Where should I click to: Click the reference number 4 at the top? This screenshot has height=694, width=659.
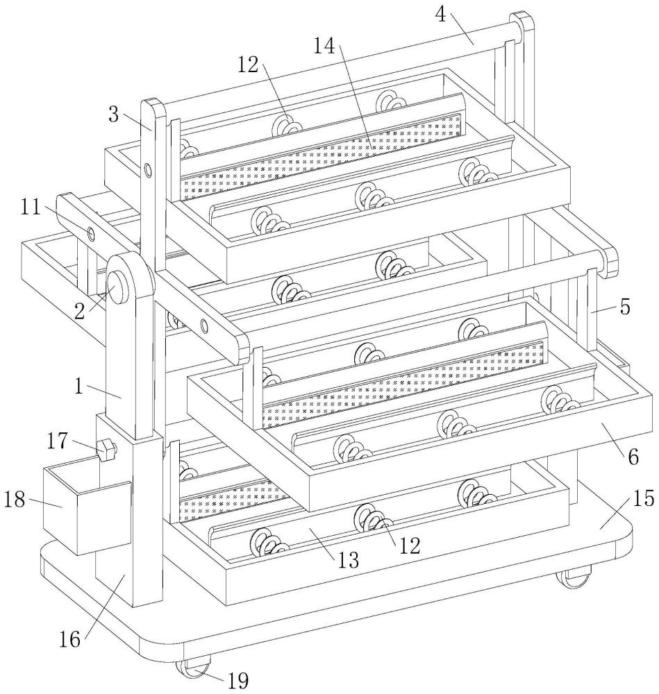click(440, 15)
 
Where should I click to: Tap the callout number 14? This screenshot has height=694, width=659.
click(325, 45)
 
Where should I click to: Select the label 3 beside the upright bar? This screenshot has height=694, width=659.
click(114, 115)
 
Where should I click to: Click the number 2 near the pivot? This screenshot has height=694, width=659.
click(80, 312)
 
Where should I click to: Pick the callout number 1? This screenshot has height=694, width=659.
click(79, 387)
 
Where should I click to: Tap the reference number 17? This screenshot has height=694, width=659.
click(58, 441)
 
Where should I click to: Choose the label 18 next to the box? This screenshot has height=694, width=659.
click(15, 500)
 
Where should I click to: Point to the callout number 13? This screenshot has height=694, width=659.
click(348, 561)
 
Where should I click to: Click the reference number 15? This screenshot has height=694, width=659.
click(643, 499)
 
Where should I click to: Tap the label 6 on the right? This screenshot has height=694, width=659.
click(633, 457)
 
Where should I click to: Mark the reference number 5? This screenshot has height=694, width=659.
click(625, 307)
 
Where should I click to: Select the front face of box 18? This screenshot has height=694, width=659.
click(105, 519)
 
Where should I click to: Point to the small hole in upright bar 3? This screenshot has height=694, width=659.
click(147, 170)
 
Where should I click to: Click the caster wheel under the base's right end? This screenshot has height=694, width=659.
click(574, 578)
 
